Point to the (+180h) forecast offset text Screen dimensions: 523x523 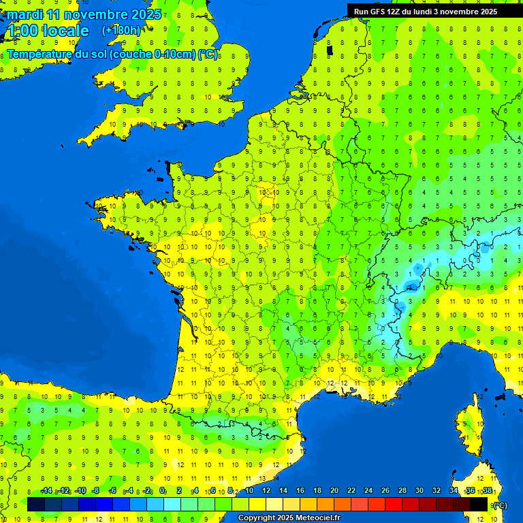(x=121, y=31)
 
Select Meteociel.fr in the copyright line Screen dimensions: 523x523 (x=313, y=518)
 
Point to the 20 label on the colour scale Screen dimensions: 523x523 (x=334, y=491)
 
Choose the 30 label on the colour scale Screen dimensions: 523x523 (x=419, y=491)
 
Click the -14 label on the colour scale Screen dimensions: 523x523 (x=46, y=491)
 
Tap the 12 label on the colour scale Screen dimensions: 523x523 (x=266, y=491)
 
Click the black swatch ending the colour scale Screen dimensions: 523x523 (x=479, y=504)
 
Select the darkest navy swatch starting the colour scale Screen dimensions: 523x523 (x=36, y=504)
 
